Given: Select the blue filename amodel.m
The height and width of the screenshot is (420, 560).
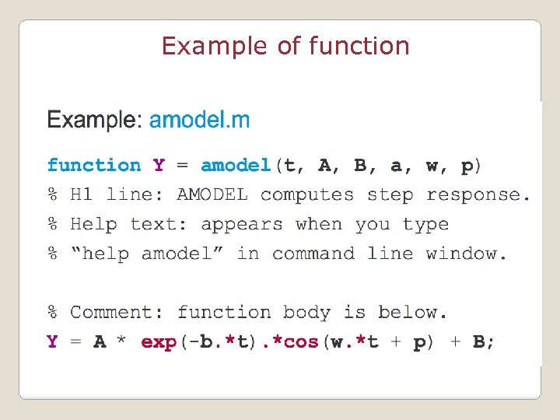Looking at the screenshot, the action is point(200,120).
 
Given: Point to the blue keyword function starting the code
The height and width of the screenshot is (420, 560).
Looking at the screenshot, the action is point(94,165).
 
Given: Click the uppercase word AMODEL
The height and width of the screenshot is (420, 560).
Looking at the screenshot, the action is point(212,194).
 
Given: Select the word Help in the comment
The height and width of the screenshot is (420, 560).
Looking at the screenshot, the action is point(94,224).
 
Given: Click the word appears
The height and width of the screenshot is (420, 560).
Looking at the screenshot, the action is point(242,224).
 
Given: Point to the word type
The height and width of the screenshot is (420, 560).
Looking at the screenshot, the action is point(425,225).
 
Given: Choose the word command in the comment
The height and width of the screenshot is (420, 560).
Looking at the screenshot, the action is point(313,254).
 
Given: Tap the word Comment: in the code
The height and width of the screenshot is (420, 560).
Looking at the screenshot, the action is point(117,313).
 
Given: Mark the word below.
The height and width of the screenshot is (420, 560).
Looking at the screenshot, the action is point(413,313).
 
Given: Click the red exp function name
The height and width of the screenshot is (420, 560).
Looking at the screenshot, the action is point(159,343).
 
